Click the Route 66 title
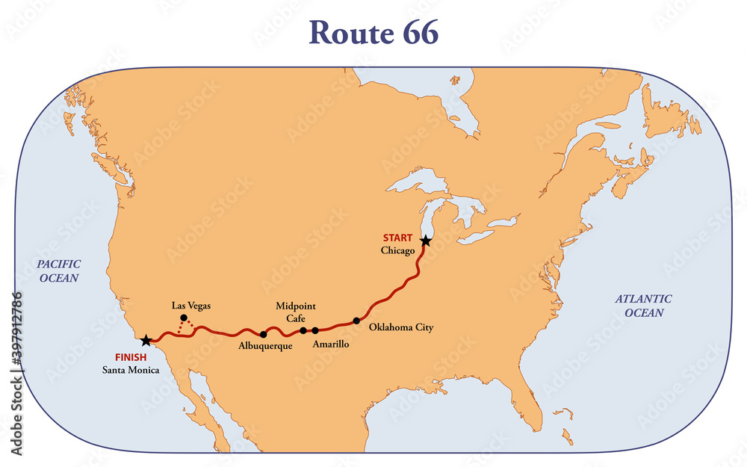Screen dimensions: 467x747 point(373,31)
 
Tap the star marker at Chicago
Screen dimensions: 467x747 point(425,241)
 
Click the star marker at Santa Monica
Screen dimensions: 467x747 point(146,341)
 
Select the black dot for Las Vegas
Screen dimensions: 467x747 point(184,318)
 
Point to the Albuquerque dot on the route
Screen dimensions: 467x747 point(263,334)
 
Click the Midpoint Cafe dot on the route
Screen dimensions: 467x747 point(303,330)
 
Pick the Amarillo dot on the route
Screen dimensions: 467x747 point(315,330)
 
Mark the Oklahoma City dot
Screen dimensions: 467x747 point(356,321)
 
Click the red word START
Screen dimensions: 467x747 point(397,238)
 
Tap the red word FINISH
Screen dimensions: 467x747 point(131,357)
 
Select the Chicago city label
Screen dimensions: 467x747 point(397,250)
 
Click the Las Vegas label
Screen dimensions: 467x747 point(191,305)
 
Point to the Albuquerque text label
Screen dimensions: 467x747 point(266,346)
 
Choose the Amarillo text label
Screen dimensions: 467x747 point(329,344)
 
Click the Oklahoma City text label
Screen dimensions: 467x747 point(401,327)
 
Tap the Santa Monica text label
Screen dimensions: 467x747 point(131,370)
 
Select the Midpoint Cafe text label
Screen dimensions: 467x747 point(290,312)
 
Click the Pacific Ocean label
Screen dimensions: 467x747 point(59,270)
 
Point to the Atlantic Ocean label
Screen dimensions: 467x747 point(643,306)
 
